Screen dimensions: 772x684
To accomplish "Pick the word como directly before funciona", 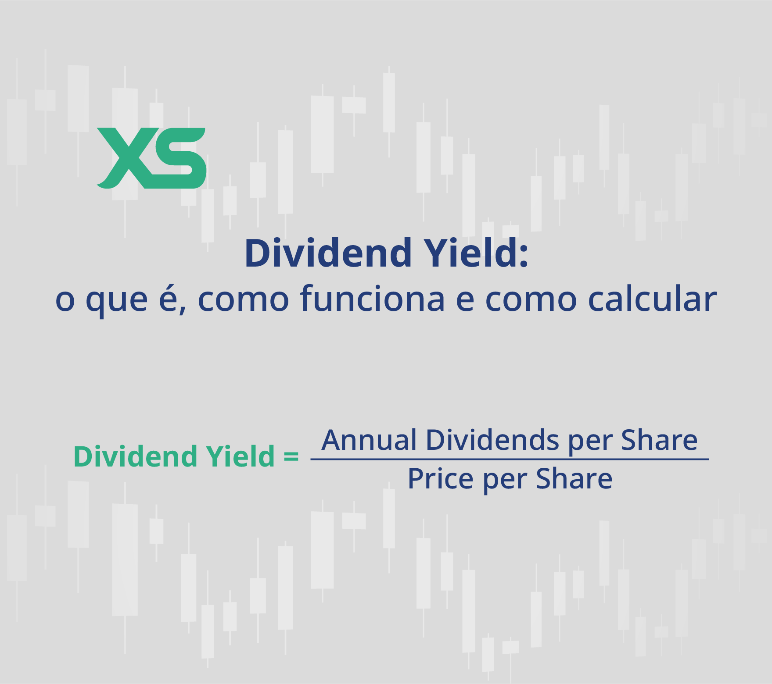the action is (244, 300).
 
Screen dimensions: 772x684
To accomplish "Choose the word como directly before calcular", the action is (531, 300).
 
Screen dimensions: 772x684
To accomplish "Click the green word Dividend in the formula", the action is (136, 456).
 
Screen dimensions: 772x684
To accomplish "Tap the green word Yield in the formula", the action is (241, 456).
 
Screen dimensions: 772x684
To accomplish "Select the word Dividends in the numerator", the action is (492, 440).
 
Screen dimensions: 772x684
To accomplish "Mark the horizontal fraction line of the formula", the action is (510, 459).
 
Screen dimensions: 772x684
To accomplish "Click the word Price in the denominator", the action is (441, 478).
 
